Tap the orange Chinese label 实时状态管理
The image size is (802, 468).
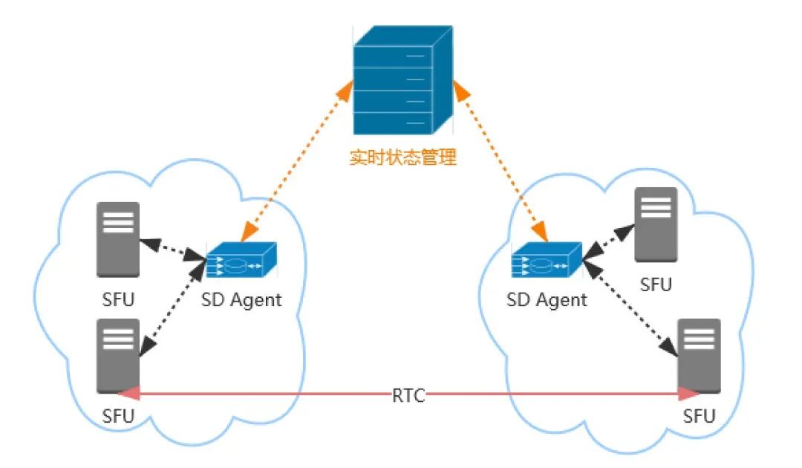tap(402, 157)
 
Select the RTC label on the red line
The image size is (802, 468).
tap(408, 395)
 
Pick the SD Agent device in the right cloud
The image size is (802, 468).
tap(547, 262)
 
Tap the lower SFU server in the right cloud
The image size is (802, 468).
tap(700, 356)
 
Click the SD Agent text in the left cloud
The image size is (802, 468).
tap(242, 301)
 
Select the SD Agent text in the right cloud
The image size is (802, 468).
tap(547, 301)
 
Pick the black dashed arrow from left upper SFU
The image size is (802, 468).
tap(172, 249)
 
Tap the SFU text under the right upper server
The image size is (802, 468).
tap(656, 285)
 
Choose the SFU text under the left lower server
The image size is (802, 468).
tap(118, 415)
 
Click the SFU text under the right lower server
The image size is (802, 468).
tap(699, 415)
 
